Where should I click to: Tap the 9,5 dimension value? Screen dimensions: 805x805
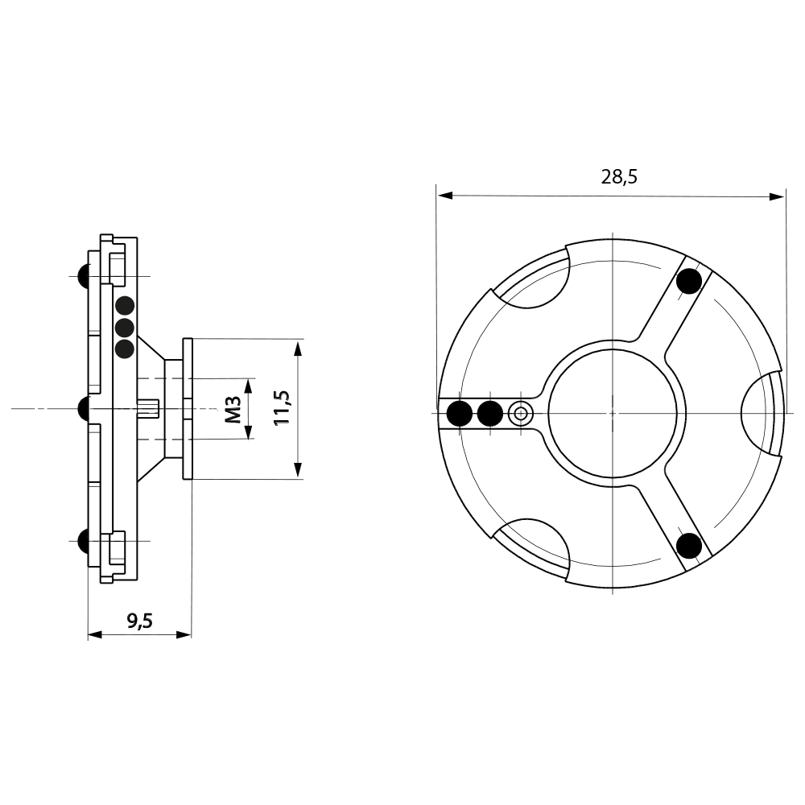(x=140, y=620)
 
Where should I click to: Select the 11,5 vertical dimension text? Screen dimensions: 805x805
(x=280, y=409)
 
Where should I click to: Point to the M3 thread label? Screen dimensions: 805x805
(x=233, y=409)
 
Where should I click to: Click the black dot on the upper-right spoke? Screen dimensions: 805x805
(x=688, y=282)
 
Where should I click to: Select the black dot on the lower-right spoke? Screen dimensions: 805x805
(x=688, y=546)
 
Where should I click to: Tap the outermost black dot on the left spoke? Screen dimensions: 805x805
(x=460, y=414)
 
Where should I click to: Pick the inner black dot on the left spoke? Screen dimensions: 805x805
(x=489, y=414)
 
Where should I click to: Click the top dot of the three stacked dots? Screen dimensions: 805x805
(x=125, y=306)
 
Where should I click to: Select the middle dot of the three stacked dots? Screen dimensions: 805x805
(x=125, y=328)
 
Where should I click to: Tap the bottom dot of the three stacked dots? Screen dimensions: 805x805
(x=125, y=349)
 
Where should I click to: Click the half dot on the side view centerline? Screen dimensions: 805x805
(x=82, y=409)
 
